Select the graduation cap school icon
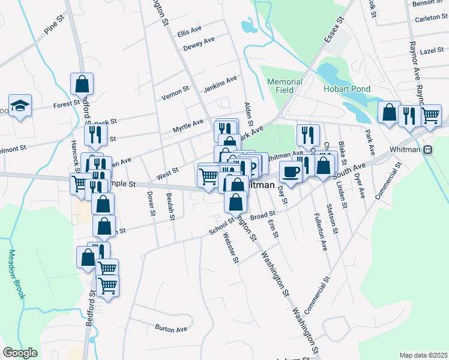(x=20, y=106)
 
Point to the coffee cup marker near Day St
(x=291, y=172)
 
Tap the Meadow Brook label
(x=14, y=274)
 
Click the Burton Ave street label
(x=171, y=329)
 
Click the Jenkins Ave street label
(x=220, y=84)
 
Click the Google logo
(x=20, y=353)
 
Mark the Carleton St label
(x=427, y=19)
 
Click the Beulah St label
(x=171, y=207)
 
